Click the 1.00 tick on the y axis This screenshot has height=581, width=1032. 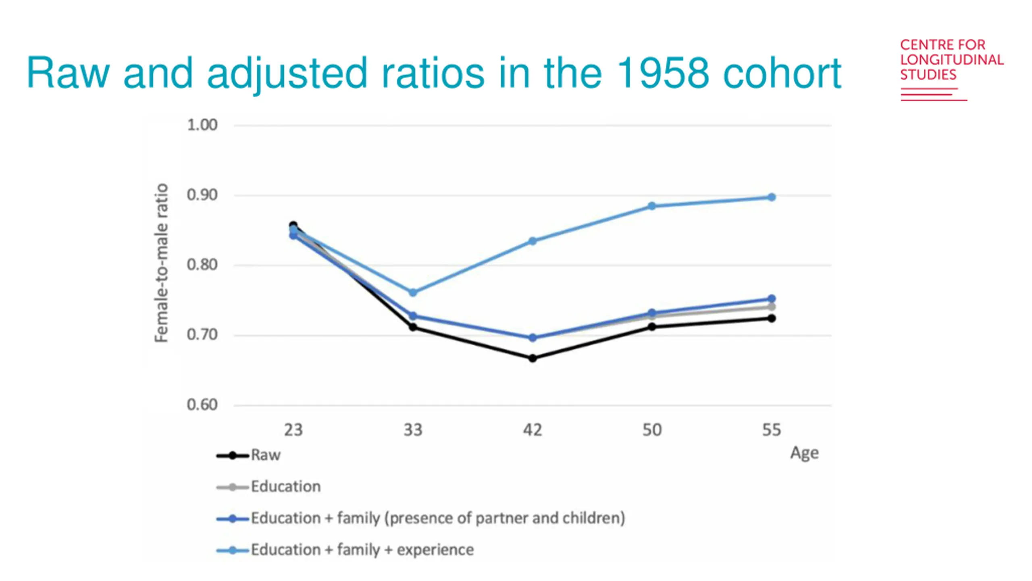click(x=202, y=125)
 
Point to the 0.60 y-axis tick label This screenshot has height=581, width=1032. click(x=202, y=405)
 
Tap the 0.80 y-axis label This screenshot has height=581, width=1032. click(x=202, y=265)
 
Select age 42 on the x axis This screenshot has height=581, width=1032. click(x=532, y=430)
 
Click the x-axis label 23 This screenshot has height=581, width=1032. click(x=293, y=430)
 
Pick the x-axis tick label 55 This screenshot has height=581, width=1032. click(x=771, y=430)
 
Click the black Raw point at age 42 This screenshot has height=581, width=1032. click(x=532, y=358)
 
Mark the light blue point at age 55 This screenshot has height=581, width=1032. click(x=771, y=197)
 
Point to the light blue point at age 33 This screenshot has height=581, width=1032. click(x=413, y=293)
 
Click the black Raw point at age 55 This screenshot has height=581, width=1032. click(x=771, y=318)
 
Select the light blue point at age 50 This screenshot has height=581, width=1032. click(x=652, y=206)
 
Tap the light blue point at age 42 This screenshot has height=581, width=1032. click(x=532, y=241)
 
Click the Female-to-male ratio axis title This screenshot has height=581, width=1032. click(x=161, y=263)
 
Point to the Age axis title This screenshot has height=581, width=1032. click(x=804, y=453)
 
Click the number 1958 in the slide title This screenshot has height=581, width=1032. click(x=662, y=73)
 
